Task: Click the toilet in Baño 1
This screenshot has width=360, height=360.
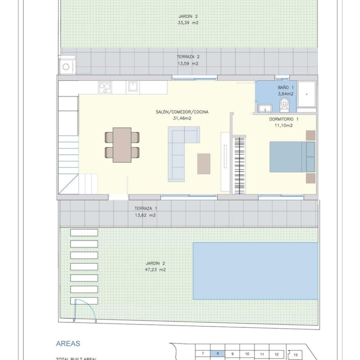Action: (x=284, y=105)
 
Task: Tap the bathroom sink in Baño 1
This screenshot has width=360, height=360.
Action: (x=265, y=108)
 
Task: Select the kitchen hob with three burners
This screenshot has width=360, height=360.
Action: (x=105, y=88)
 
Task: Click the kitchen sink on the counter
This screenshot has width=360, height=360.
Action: (x=133, y=87)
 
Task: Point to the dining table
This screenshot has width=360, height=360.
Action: (x=122, y=145)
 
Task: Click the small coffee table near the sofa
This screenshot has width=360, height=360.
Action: (x=204, y=164)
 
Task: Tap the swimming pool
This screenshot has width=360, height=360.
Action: (x=255, y=271)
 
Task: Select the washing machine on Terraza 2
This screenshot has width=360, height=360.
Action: (x=66, y=67)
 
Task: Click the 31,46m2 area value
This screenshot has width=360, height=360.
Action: (x=182, y=119)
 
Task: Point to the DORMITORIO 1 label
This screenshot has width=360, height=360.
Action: (x=284, y=119)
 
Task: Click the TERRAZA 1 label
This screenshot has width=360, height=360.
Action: (x=146, y=209)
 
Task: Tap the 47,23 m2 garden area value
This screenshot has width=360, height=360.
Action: (x=155, y=270)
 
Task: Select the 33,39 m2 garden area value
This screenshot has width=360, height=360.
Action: (x=188, y=23)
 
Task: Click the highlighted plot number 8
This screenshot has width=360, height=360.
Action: (x=218, y=354)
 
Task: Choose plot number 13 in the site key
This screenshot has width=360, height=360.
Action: (x=295, y=355)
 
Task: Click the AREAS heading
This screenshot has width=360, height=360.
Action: (x=68, y=343)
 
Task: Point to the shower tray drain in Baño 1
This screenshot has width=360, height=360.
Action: (x=307, y=94)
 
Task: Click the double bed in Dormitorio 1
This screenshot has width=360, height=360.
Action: (x=292, y=157)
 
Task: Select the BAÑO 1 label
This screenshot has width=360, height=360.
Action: (x=286, y=88)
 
